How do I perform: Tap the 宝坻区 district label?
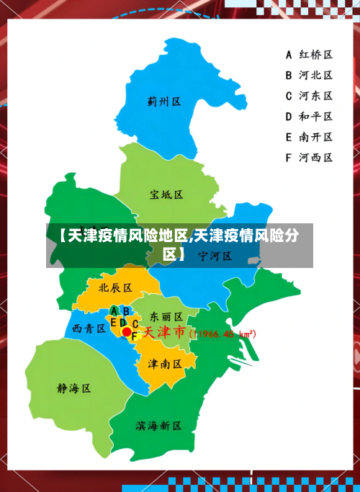coord(166,194)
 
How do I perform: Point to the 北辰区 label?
coord(115,287)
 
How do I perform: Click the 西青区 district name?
coord(90,328)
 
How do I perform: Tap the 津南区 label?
coord(165,364)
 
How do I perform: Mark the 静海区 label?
coord(74,388)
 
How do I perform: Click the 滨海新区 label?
coord(158,426)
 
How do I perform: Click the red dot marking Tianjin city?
coord(127,332)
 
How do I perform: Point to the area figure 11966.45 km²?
coord(222,334)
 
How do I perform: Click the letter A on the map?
coord(114,310)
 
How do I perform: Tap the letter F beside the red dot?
coord(134,336)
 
